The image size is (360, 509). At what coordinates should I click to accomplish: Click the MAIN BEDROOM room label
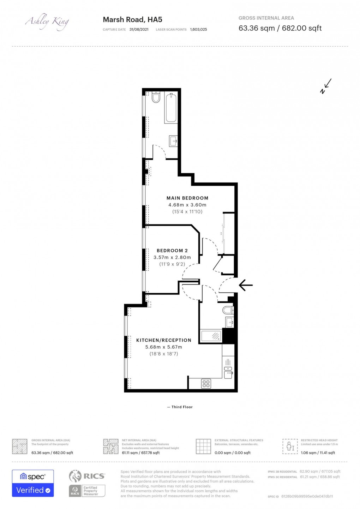(187, 198)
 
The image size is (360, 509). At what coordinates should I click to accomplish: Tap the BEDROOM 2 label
(172, 251)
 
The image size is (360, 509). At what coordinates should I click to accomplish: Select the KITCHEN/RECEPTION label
(164, 340)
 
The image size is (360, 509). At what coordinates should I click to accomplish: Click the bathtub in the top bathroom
(171, 108)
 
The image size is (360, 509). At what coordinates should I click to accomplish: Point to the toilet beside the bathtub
(156, 97)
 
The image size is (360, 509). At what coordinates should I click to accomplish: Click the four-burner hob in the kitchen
(206, 384)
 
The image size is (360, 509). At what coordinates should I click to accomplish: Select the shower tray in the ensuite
(211, 336)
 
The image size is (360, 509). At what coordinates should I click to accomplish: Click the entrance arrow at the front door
(246, 285)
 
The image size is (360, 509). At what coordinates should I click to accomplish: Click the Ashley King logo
(47, 22)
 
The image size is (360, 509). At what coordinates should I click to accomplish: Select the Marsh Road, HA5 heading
(132, 20)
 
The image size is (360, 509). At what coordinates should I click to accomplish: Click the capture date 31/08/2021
(139, 30)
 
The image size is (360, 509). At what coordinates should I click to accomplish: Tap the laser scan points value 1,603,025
(198, 30)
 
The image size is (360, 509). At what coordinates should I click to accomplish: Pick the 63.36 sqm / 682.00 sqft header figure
(280, 28)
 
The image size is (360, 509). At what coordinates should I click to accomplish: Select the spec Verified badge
(33, 483)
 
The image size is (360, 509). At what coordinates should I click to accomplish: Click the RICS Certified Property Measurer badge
(87, 483)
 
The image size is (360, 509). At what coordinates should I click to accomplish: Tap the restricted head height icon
(290, 447)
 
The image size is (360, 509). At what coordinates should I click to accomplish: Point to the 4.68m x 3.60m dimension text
(187, 205)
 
